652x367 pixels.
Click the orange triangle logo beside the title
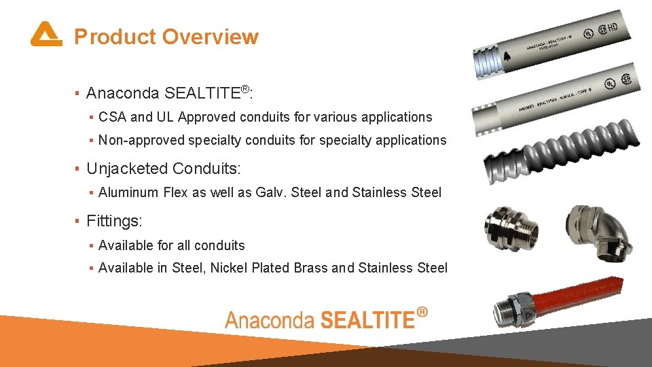[46, 34]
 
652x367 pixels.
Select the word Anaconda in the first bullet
[123, 93]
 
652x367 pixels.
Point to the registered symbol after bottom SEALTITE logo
[422, 313]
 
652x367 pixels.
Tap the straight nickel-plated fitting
[511, 228]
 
